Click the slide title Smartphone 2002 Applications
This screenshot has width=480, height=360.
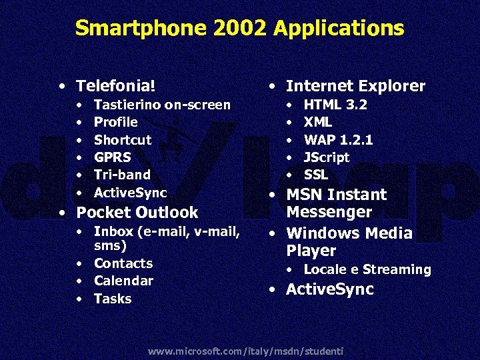tap(239, 28)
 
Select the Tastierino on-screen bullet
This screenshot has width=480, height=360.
tap(162, 105)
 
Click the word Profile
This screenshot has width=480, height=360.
tap(115, 122)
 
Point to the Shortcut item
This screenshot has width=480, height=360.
tap(123, 140)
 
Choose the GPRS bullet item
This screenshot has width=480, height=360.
tap(112, 157)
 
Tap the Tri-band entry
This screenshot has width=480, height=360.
tap(122, 175)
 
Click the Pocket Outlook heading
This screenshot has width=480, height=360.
tap(137, 213)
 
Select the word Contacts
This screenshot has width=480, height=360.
tap(123, 263)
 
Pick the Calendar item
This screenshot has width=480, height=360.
tap(123, 281)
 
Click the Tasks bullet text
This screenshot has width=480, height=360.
tap(113, 299)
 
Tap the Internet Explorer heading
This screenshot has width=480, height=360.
tap(355, 86)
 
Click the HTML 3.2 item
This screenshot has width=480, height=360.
tap(335, 105)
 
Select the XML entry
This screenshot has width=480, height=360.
tap(318, 122)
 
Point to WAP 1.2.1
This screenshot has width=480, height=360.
tap(338, 140)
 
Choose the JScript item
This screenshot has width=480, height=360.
tap(327, 157)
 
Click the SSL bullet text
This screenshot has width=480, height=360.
tap(316, 175)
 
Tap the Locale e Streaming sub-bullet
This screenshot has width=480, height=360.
tap(367, 270)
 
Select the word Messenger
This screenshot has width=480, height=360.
tap(329, 212)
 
